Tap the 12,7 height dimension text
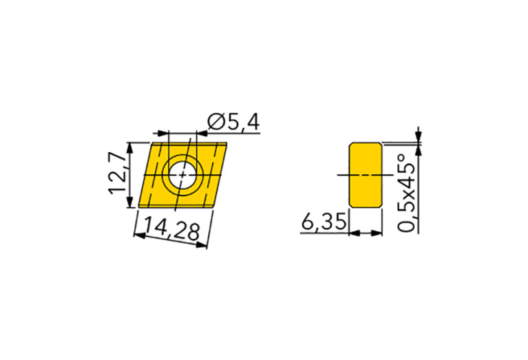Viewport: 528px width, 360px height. pos(118,173)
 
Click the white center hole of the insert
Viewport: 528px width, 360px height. pos(182,175)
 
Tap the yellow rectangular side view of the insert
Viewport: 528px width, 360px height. pos(366,175)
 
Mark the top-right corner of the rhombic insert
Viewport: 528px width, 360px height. pos(227,142)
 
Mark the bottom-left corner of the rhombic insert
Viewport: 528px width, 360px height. pos(137,207)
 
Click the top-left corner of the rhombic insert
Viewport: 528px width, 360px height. pos(150,142)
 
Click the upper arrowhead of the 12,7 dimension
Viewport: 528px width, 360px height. pos(129,147)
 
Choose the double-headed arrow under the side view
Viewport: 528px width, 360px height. pos(366,233)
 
